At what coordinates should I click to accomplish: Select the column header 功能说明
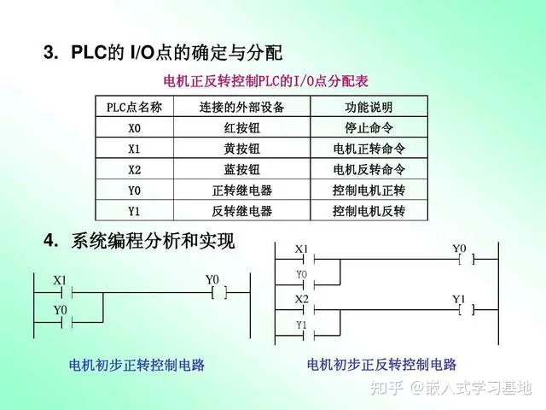point(369,108)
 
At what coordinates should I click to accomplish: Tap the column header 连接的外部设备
point(241,108)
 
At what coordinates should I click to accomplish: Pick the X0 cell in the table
point(134,128)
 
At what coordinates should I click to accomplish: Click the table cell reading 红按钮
point(241,128)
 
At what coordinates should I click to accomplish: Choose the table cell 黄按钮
point(241,149)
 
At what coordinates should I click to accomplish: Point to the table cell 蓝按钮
point(241,169)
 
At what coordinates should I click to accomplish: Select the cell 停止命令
point(369,128)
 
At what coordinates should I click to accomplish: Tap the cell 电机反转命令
point(369,169)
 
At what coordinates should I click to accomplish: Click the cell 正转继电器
point(241,190)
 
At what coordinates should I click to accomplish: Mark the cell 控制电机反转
point(369,210)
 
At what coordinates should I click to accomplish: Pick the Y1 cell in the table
point(134,210)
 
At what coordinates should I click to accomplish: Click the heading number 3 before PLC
point(49,53)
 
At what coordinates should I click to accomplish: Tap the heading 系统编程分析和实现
point(153,242)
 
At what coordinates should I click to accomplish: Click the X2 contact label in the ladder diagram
point(301,300)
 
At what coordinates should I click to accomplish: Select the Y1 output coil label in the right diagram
point(459,299)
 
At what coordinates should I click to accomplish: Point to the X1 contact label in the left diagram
point(60,280)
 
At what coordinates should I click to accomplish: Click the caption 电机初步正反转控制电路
point(381,365)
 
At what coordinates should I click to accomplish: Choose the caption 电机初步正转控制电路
point(136,365)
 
